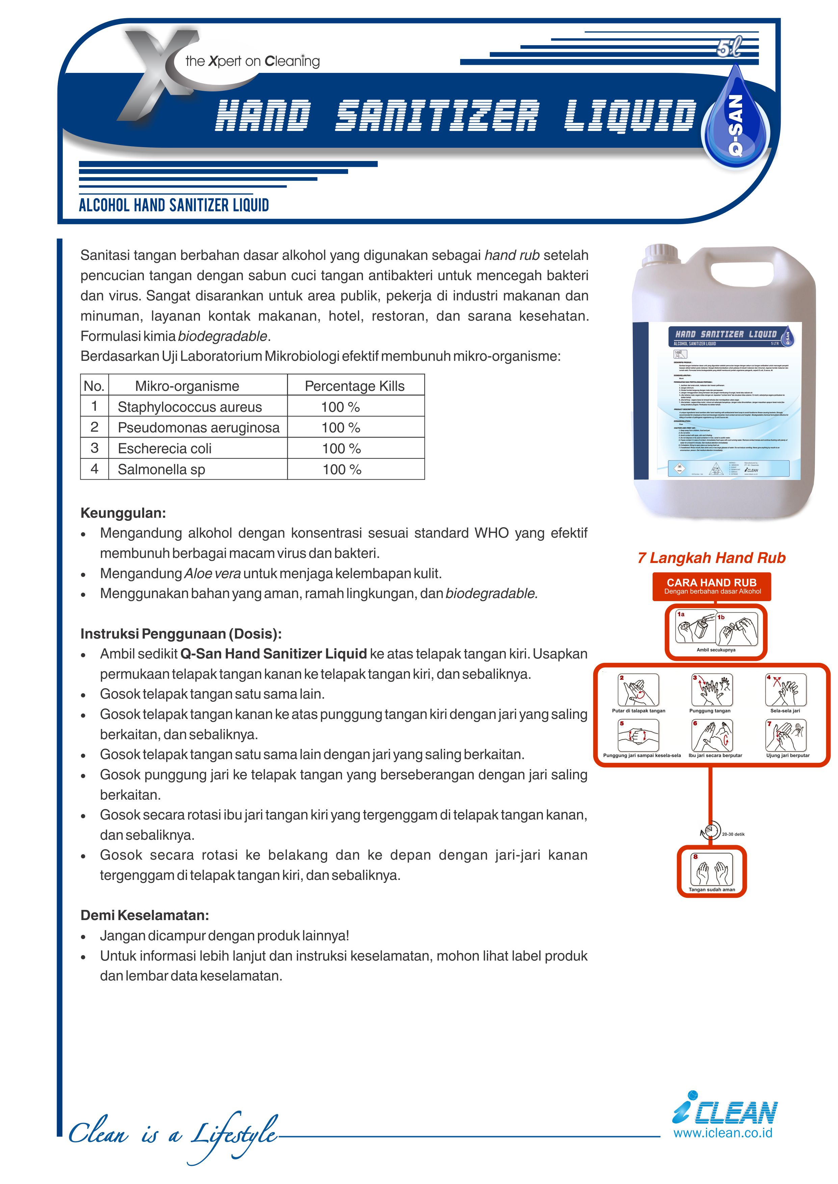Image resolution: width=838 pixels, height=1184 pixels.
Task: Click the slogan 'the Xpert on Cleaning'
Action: click(252, 61)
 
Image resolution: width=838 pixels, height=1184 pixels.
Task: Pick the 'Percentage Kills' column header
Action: click(355, 386)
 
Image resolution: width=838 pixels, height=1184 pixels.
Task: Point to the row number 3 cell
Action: click(95, 448)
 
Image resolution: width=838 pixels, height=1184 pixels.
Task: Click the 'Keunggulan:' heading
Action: click(123, 513)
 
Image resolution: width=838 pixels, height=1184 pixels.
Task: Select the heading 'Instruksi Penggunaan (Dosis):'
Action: click(181, 634)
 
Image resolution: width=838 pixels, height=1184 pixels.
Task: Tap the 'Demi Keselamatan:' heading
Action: click(145, 915)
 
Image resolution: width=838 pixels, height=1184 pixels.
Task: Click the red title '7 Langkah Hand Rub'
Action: click(711, 558)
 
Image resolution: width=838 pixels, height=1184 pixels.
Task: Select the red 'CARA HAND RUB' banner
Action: click(712, 586)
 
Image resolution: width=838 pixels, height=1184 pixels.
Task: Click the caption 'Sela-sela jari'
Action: click(785, 710)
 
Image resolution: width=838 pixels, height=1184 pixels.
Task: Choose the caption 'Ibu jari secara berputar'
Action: click(715, 755)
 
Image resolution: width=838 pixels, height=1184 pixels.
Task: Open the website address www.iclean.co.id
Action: click(723, 1133)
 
